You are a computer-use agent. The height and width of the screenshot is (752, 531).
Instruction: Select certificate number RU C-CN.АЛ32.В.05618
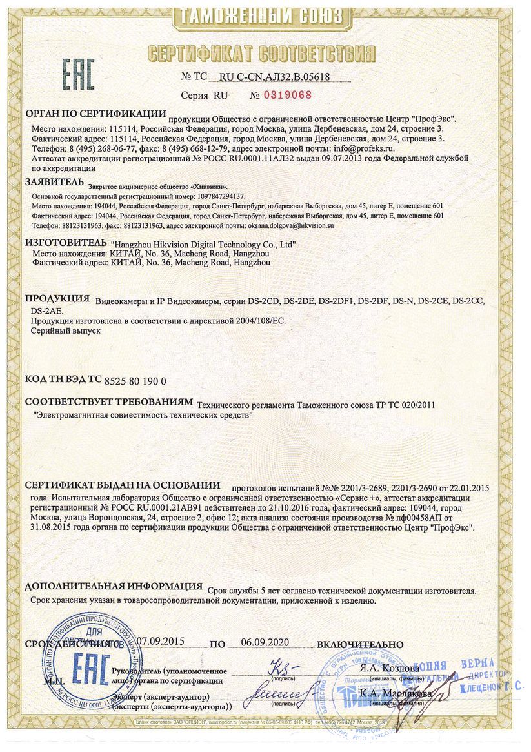click(275, 77)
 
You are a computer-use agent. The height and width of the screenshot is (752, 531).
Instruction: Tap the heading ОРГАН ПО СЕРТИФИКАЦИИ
click(95, 114)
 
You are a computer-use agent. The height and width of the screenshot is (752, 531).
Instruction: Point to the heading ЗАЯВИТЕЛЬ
click(54, 181)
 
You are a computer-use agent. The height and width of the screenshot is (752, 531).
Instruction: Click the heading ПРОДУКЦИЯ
click(57, 299)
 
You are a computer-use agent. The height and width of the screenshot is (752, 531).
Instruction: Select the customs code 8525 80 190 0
click(135, 381)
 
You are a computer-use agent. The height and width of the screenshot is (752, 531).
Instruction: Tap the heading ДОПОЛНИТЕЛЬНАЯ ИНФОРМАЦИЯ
click(114, 587)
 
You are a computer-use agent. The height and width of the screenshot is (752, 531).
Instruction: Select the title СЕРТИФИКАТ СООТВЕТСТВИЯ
click(265, 53)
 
